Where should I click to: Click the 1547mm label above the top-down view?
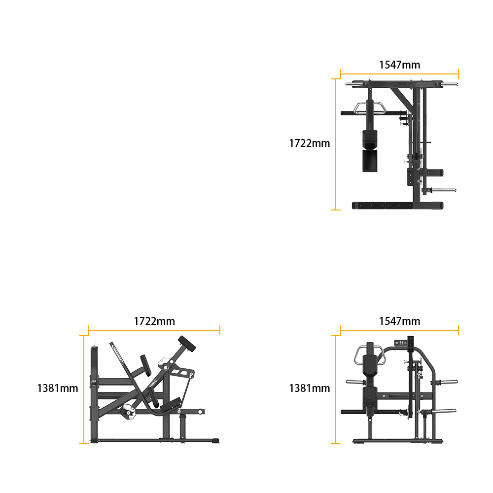click(399, 65)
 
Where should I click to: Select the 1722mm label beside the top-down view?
click(310, 143)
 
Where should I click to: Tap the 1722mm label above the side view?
click(154, 321)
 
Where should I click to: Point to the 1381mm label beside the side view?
click(58, 388)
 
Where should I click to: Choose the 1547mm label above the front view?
click(399, 321)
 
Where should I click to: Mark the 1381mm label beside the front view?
click(310, 388)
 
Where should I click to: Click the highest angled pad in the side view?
click(187, 344)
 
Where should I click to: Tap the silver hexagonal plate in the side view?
click(129, 412)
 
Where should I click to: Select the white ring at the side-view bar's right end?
click(200, 412)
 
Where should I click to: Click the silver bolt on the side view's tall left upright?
click(94, 382)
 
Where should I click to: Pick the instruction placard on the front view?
click(400, 343)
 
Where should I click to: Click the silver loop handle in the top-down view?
click(370, 108)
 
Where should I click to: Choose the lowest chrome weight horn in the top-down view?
click(443, 190)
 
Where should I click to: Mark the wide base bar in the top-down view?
click(397, 206)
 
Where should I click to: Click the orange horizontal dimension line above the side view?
click(154, 330)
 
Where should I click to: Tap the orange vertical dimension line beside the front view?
click(336, 389)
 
